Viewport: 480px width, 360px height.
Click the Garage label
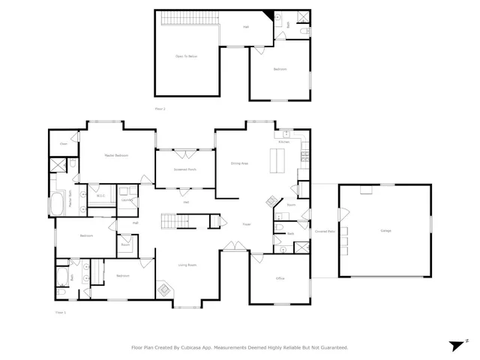tap(385, 230)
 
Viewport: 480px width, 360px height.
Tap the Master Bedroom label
tap(115, 155)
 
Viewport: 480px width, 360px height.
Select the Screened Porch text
tap(186, 170)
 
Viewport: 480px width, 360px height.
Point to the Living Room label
tap(187, 265)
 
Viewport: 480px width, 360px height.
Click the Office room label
tap(280, 278)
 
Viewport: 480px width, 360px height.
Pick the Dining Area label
tap(239, 163)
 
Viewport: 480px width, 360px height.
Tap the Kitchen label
tap(284, 142)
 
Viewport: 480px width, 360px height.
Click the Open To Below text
tap(186, 56)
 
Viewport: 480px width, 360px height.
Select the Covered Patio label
tap(324, 231)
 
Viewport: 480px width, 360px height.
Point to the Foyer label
tap(245, 224)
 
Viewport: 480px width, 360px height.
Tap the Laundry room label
tap(127, 200)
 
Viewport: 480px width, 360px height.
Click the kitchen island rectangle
tap(279, 160)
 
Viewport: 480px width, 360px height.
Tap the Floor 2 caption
tap(159, 109)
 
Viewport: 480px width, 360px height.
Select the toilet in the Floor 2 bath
tap(298, 32)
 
